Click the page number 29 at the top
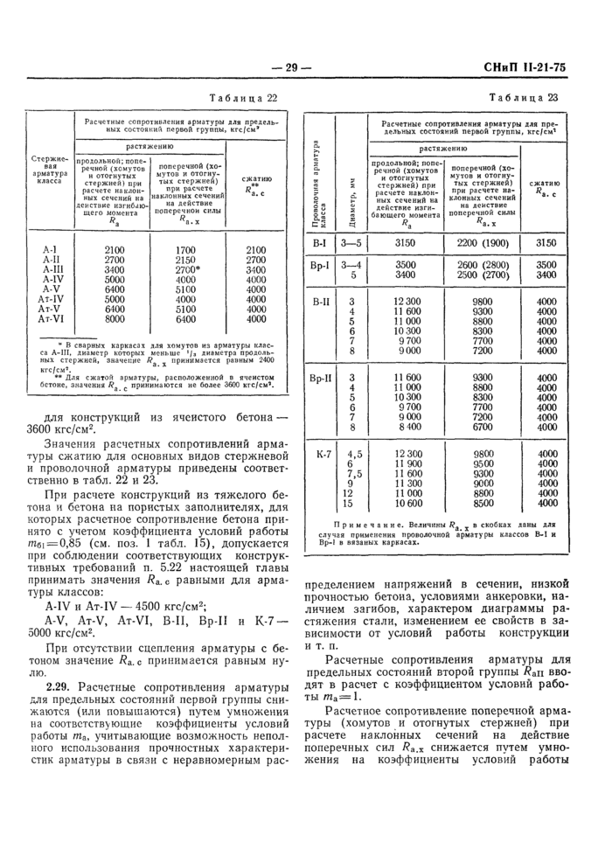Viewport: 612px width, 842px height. point(286,67)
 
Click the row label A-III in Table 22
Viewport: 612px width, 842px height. point(50,270)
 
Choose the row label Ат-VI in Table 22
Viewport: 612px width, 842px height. point(50,320)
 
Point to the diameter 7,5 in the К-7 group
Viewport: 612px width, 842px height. point(354,474)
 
